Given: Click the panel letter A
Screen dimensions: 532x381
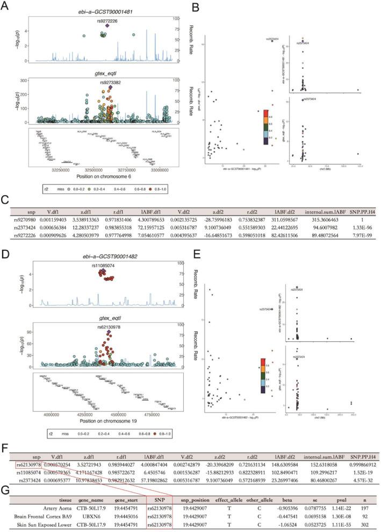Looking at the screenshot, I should (x=5, y=6).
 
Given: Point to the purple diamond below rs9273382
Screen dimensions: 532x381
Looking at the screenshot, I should (x=111, y=87).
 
